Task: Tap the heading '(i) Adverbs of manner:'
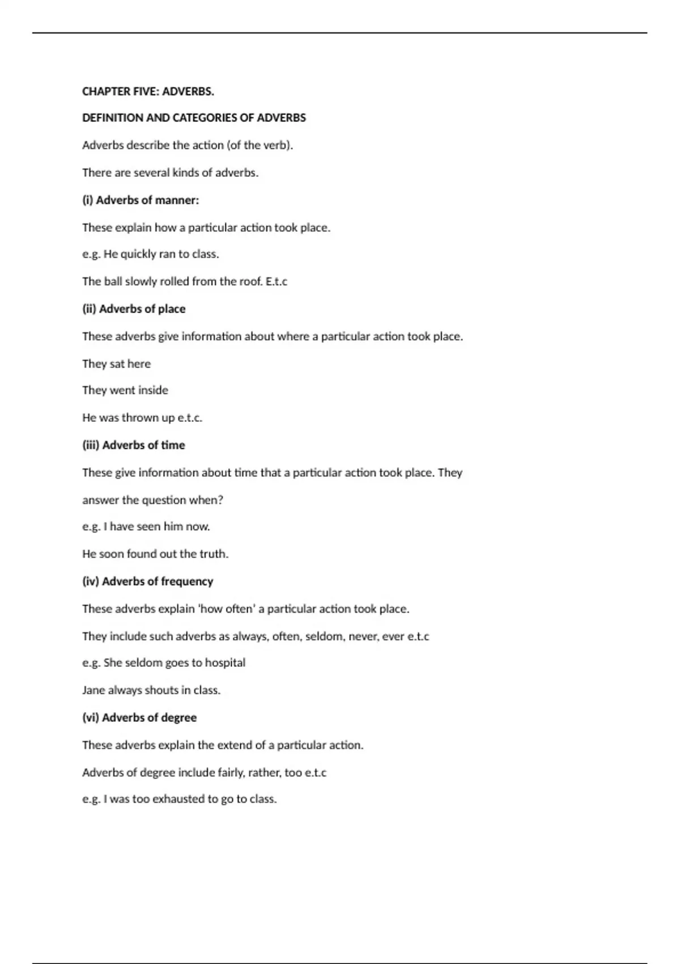[141, 200]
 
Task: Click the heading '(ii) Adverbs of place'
[134, 309]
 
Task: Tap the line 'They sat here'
[116, 363]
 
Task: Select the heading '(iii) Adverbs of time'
[134, 445]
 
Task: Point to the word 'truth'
[213, 554]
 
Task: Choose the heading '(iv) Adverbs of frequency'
[147, 581]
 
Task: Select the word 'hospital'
[225, 663]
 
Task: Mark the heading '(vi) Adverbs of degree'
[139, 717]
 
